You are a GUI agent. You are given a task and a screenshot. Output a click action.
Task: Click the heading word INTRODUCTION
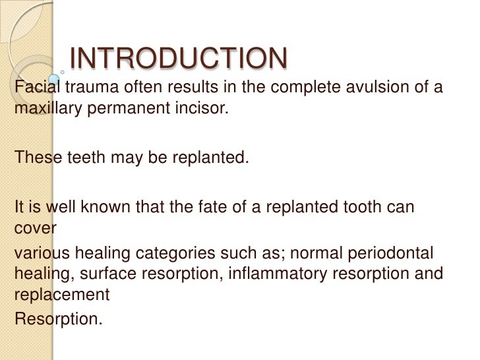click(x=178, y=59)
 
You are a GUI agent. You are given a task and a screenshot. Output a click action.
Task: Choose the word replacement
click(x=61, y=295)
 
